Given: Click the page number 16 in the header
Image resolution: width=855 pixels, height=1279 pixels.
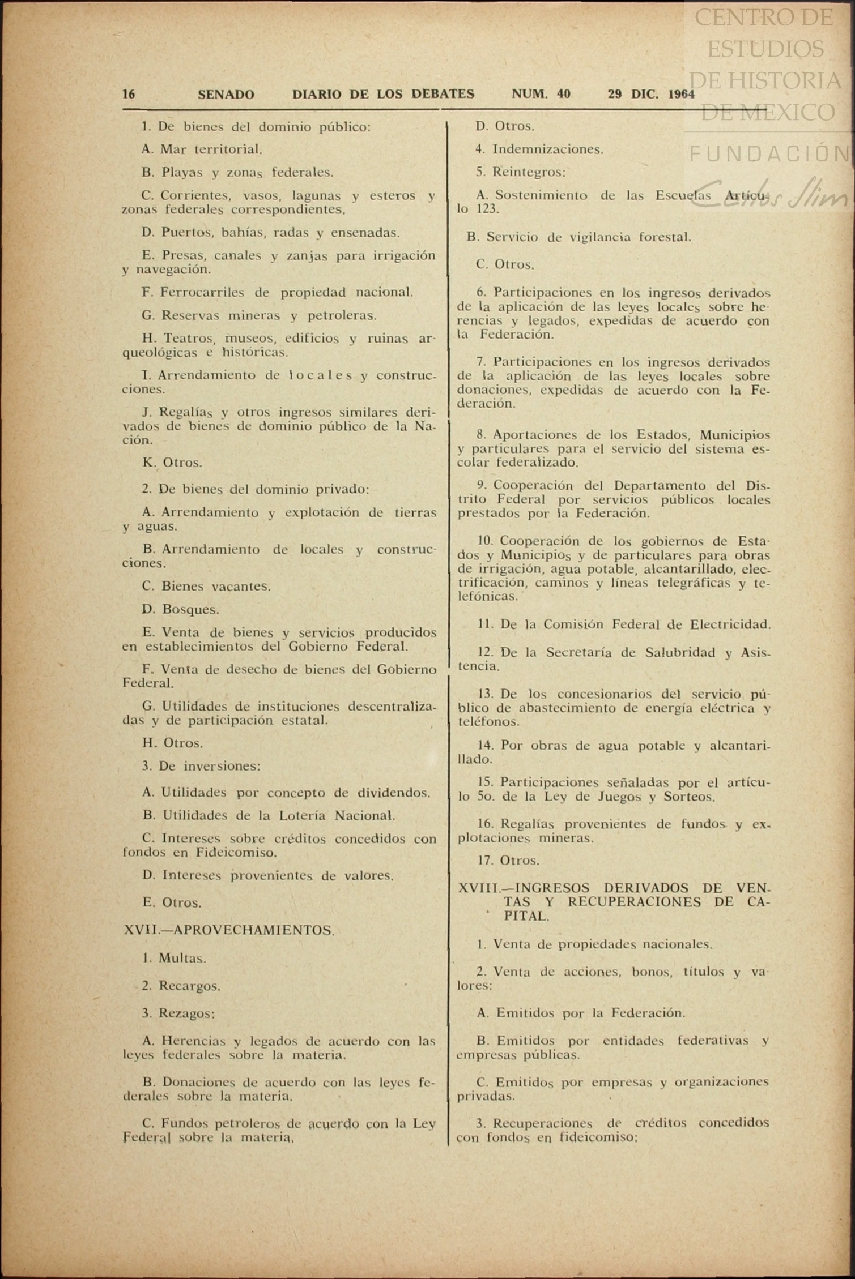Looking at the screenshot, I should coord(129,94).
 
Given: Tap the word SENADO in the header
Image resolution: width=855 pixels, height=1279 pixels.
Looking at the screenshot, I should coord(226,95).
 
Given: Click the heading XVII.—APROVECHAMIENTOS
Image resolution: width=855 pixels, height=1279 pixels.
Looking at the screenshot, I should coord(229,930).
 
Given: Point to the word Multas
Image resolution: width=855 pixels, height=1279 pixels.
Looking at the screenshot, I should coord(182,958).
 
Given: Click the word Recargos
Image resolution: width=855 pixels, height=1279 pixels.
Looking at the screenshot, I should coord(189,986).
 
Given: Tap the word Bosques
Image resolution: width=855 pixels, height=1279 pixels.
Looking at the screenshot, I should coord(190,609).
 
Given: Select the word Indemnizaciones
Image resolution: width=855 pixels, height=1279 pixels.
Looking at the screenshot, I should coord(547,149).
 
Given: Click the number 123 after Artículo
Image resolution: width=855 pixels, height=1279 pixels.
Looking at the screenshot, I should coord(487,209).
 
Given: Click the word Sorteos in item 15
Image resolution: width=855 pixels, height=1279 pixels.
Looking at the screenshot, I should coord(690,797).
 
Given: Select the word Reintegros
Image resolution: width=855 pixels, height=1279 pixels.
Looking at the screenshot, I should coord(529,172).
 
